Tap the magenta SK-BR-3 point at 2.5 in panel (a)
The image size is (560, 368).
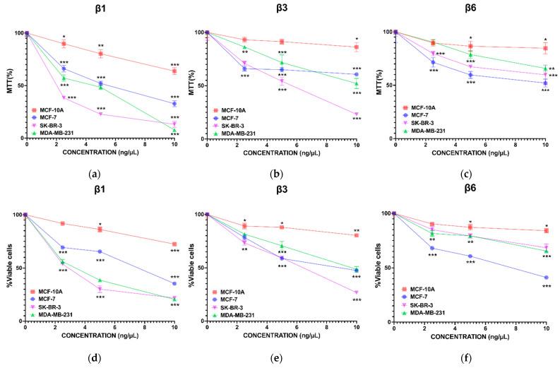[64, 97]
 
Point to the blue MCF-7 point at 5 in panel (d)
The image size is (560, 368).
[100, 251]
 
